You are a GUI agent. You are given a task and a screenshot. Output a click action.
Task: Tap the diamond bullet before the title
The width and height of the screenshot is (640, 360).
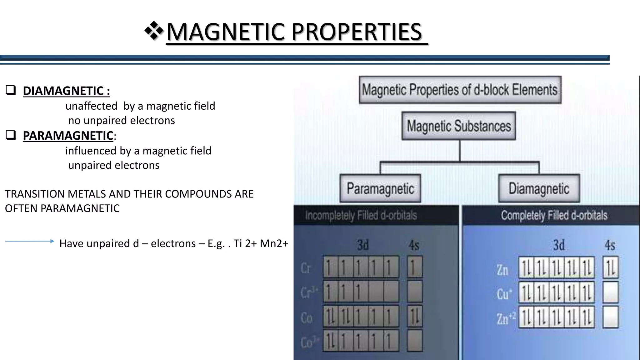(154, 31)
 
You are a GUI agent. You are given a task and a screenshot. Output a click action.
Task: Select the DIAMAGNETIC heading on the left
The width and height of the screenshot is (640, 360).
(66, 91)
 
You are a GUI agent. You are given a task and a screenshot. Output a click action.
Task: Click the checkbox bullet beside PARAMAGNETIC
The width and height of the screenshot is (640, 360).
(11, 135)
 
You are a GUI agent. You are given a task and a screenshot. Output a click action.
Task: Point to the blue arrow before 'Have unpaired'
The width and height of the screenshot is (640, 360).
(30, 241)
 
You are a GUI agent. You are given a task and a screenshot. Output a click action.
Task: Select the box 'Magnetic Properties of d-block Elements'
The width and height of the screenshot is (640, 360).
(460, 90)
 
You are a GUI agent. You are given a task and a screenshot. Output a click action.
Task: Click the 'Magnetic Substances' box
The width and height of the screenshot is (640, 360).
(458, 126)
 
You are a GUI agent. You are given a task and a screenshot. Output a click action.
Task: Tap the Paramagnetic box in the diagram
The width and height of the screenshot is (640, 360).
(380, 188)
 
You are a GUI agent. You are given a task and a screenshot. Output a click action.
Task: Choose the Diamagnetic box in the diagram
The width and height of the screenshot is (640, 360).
(539, 188)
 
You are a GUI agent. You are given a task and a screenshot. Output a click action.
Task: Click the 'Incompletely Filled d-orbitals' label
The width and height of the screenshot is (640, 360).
(361, 215)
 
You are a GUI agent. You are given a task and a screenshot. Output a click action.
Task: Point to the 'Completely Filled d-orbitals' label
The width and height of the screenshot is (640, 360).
(554, 215)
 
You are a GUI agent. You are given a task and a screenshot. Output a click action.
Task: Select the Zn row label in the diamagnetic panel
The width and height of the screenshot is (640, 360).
(502, 270)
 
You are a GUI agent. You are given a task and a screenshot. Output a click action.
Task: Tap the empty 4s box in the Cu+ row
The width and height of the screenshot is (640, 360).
(610, 292)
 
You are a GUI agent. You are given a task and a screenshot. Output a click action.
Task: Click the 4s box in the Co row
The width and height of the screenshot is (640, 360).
(415, 317)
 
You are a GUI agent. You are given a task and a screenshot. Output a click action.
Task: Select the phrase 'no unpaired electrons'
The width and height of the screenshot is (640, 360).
(122, 120)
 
